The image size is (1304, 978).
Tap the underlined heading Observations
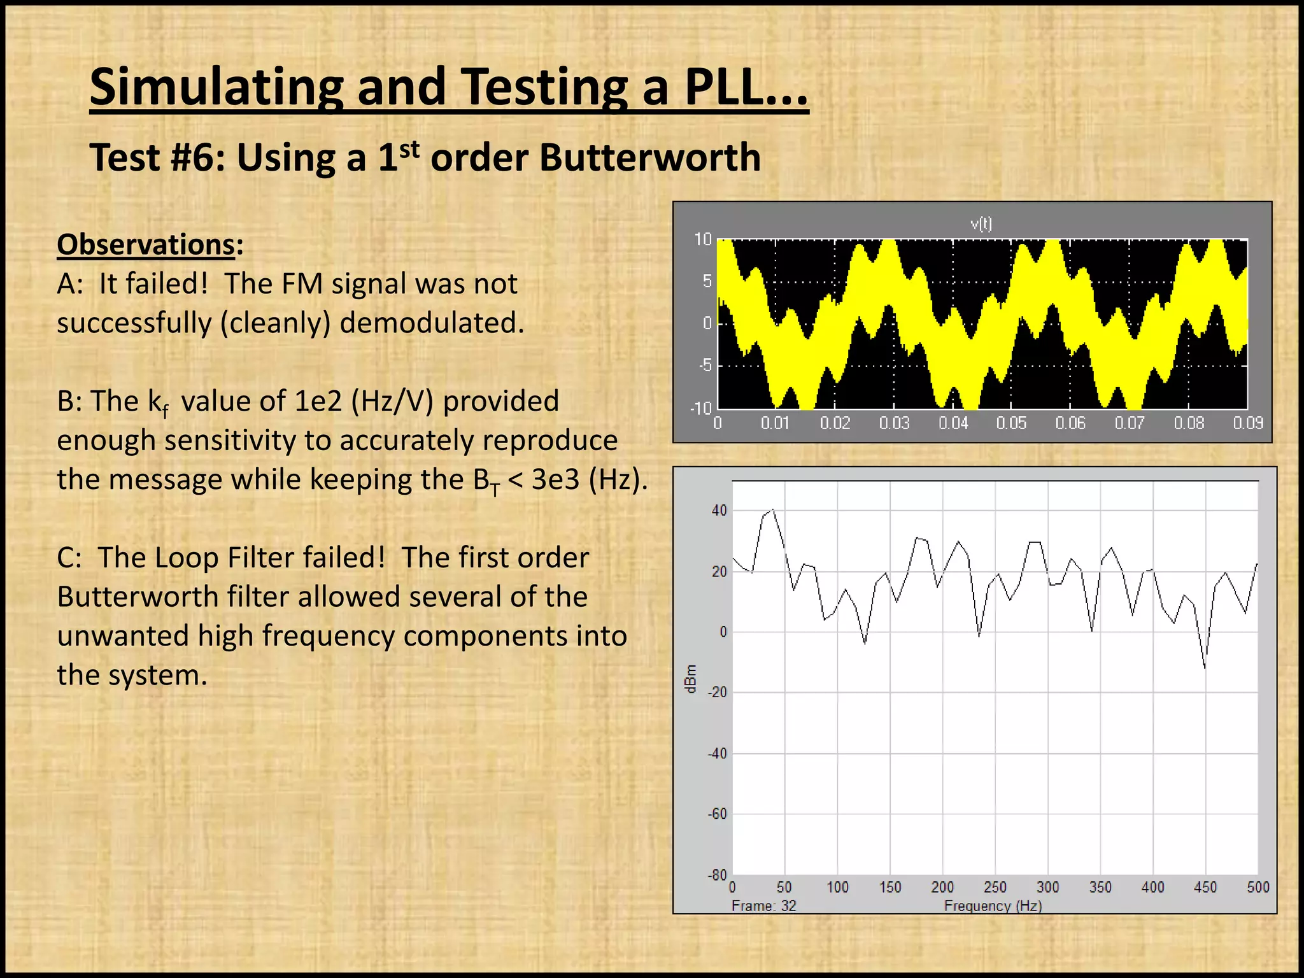[146, 244]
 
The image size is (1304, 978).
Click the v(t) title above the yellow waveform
[981, 223]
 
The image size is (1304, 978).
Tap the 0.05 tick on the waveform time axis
[1011, 423]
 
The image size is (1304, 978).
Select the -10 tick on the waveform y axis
[701, 408]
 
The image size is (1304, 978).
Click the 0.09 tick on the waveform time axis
[1247, 423]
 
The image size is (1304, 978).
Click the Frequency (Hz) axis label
[993, 906]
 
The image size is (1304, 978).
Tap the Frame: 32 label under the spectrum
[763, 906]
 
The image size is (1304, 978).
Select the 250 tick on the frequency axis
[995, 888]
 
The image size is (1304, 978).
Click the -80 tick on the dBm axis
[717, 875]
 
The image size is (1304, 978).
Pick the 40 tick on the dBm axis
[719, 511]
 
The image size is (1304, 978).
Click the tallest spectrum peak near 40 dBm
[772, 510]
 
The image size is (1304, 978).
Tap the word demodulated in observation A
[431, 323]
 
